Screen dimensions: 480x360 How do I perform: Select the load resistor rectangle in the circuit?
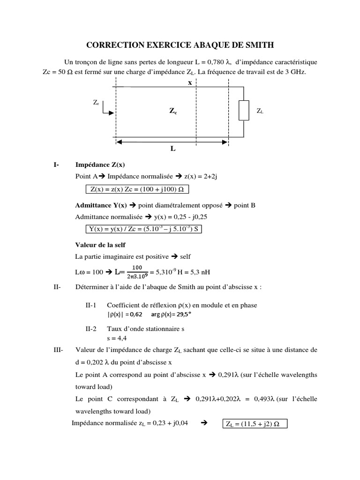point(243,111)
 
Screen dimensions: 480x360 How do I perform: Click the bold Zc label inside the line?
point(173,111)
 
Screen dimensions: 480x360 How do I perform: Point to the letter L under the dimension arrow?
point(173,149)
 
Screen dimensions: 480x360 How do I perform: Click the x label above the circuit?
point(190,82)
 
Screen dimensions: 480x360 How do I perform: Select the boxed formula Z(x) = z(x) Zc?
point(138,189)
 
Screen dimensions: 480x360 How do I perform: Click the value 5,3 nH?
point(199,272)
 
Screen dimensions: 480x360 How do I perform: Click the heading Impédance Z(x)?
point(100,165)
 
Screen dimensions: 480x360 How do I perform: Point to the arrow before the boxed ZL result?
point(204,424)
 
